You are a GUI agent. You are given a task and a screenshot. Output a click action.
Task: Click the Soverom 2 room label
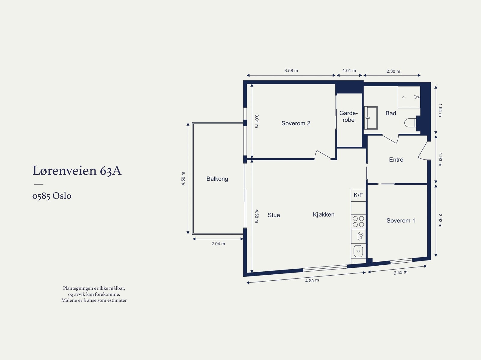click(296, 123)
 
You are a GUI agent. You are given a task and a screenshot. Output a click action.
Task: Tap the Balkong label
click(217, 179)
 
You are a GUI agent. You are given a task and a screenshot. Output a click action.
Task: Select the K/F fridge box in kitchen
click(358, 195)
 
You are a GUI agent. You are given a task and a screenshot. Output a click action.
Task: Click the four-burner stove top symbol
click(358, 221)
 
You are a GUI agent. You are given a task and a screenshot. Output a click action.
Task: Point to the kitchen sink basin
click(358, 251)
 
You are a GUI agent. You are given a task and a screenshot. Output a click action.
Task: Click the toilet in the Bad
click(410, 123)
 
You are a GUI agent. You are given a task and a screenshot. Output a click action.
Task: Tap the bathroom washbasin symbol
click(371, 118)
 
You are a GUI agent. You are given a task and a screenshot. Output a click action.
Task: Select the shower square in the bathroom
click(409, 97)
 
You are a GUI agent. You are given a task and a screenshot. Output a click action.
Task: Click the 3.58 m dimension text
click(291, 71)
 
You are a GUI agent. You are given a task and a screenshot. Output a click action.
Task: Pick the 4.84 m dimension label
click(312, 280)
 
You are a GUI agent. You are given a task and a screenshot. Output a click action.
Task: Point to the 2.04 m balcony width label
click(218, 244)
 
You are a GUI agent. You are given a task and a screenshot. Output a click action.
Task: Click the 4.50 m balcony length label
click(183, 178)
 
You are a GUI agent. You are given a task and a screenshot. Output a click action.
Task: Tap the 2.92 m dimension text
click(440, 220)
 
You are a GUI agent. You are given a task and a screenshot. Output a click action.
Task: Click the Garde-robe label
click(348, 116)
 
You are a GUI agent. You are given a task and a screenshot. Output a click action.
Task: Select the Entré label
click(396, 160)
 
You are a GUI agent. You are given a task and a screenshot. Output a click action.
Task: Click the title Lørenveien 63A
click(77, 170)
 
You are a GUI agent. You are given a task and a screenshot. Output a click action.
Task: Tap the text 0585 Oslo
click(52, 196)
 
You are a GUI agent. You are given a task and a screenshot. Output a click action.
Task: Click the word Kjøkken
click(323, 215)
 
